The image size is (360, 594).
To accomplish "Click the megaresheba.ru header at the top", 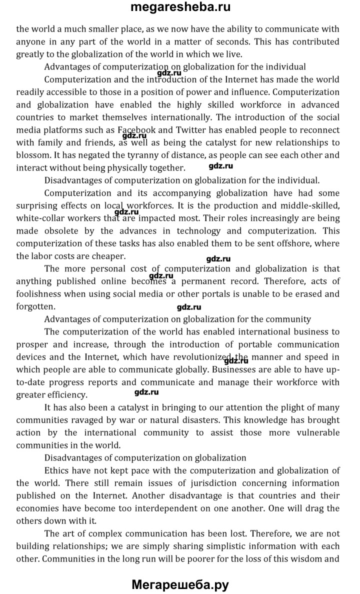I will point(180,7).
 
